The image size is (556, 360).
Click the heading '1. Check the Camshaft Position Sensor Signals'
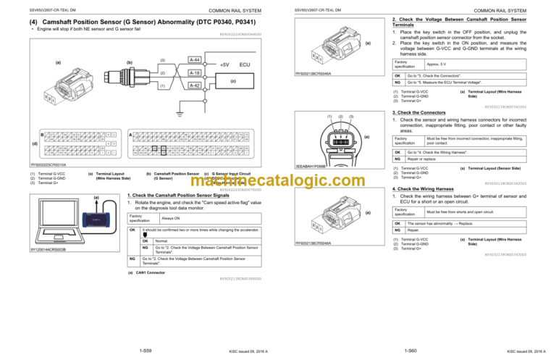click(177, 196)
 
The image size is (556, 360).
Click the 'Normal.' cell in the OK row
click(162, 240)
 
